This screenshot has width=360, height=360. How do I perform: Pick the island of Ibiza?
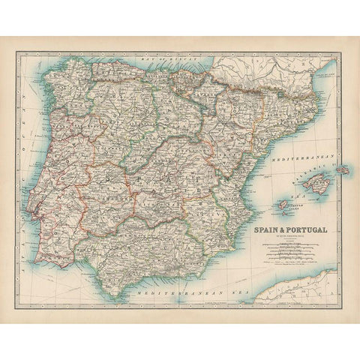[283, 203]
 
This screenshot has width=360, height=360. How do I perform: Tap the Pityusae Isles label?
[288, 212]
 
